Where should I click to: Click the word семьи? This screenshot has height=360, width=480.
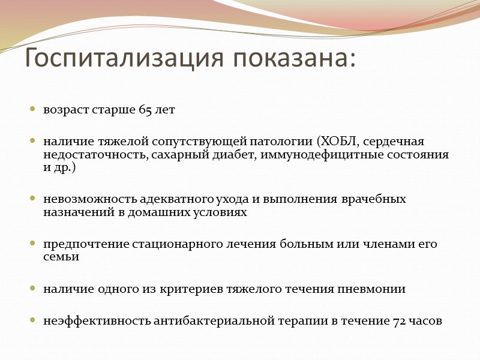click(61, 257)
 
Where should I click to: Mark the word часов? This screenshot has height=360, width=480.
click(425, 321)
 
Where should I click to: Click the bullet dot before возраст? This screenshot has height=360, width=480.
click(33, 111)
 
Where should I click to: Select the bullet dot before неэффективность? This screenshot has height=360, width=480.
click(33, 321)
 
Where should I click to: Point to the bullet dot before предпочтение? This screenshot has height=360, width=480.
click(33, 244)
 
